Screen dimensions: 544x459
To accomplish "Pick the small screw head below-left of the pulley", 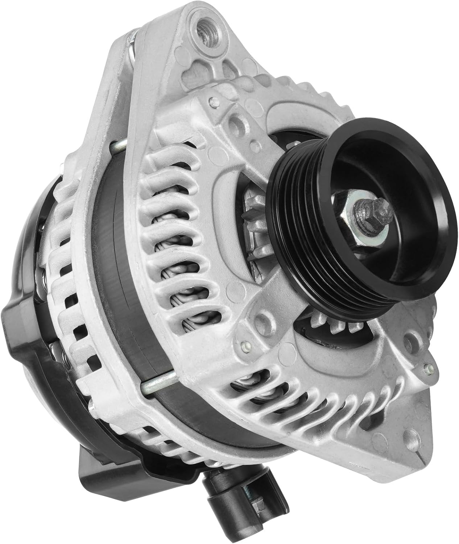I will pyautogui.click(x=245, y=345).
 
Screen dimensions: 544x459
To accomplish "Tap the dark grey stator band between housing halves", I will pyautogui.click(x=120, y=283).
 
